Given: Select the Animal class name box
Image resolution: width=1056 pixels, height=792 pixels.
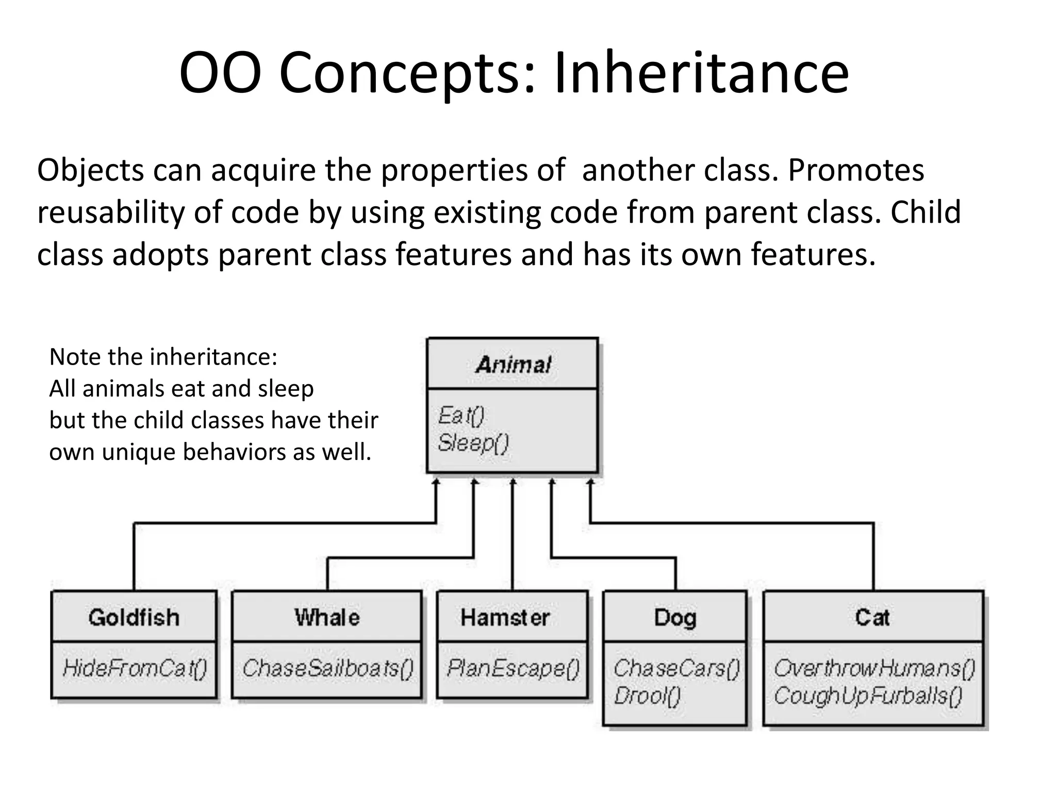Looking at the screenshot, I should click(x=513, y=365).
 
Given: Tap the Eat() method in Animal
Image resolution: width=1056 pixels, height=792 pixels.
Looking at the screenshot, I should click(x=461, y=416).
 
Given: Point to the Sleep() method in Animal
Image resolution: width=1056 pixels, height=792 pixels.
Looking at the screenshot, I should click(x=473, y=443).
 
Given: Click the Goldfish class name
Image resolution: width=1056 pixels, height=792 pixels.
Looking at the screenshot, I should click(x=134, y=617).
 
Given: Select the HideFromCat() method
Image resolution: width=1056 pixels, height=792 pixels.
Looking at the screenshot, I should click(x=135, y=668).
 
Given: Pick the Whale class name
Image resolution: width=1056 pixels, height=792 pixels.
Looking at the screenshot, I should click(x=327, y=617).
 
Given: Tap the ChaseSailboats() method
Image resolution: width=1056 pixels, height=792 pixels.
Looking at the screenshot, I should click(x=328, y=668).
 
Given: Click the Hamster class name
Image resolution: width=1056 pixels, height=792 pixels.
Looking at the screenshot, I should click(x=505, y=617).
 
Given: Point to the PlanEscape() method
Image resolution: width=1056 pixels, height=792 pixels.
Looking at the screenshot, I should click(x=513, y=668).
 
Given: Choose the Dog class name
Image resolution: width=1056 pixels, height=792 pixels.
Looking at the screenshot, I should click(x=675, y=617).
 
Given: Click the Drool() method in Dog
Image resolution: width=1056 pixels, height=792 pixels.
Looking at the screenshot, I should click(x=647, y=696).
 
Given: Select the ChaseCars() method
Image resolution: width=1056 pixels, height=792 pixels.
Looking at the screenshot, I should click(x=676, y=668).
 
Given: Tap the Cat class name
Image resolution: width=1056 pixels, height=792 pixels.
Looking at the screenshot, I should click(x=872, y=617).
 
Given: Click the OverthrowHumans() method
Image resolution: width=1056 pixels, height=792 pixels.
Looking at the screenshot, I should click(x=874, y=668).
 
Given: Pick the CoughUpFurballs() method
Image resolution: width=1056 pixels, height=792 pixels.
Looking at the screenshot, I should click(x=868, y=696).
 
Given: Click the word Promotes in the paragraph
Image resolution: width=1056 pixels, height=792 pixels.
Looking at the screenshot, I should click(x=856, y=170).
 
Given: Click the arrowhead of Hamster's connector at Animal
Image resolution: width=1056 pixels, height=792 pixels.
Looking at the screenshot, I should click(x=513, y=482).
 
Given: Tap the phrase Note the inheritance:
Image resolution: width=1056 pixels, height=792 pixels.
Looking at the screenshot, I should click(x=163, y=357).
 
